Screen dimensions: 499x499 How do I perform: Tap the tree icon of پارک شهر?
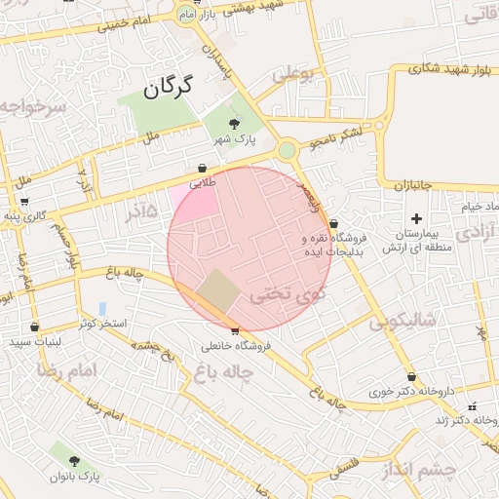[234, 123]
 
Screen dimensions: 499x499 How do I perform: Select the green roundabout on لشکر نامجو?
[287, 151]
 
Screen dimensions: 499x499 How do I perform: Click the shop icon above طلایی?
[202, 168]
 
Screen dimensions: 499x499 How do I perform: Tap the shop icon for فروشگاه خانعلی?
[235, 330]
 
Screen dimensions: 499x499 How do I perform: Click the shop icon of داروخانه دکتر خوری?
[411, 376]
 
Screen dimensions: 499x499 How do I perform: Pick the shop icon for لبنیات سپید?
[36, 327]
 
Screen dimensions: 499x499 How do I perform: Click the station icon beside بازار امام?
[185, 14]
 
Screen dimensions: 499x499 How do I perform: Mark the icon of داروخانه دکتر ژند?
[473, 405]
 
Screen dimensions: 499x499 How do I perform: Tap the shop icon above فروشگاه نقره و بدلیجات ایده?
[333, 223]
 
